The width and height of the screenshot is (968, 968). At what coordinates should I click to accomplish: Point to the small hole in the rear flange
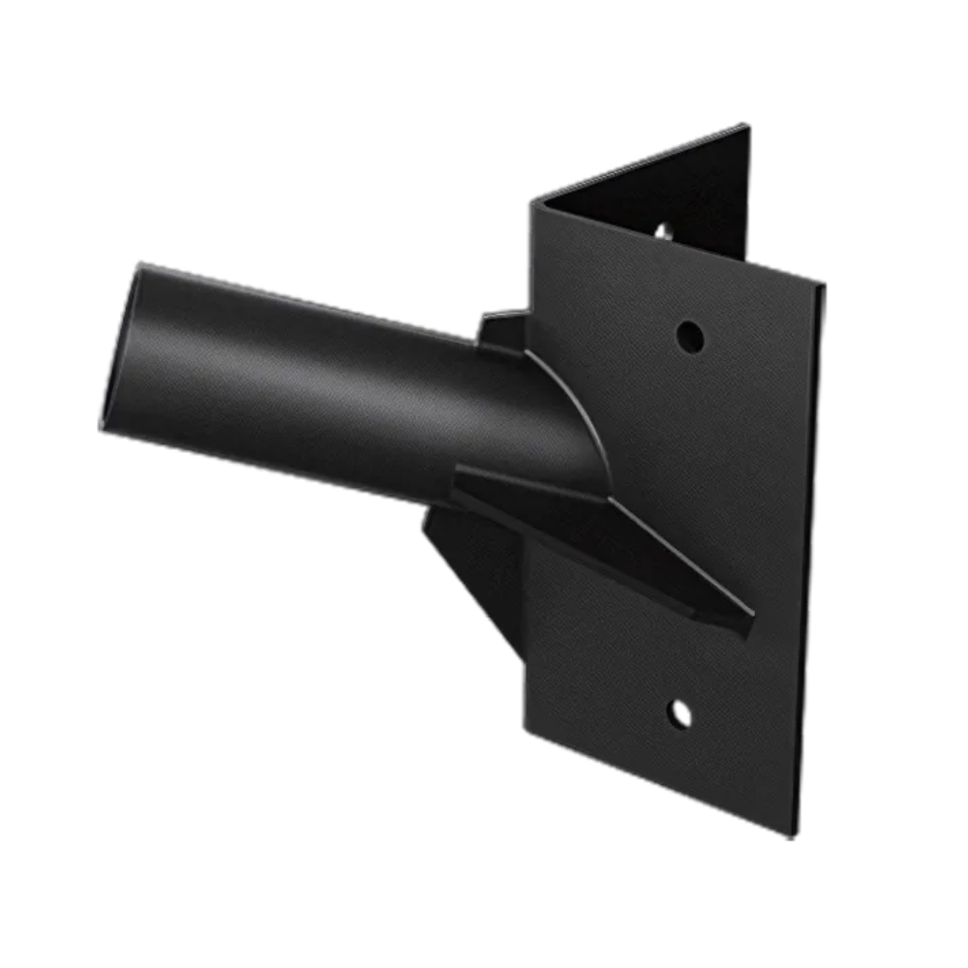(664, 231)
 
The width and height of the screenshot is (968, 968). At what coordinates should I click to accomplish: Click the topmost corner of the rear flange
(746, 125)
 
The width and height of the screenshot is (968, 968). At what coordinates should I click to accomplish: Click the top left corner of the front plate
(530, 201)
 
